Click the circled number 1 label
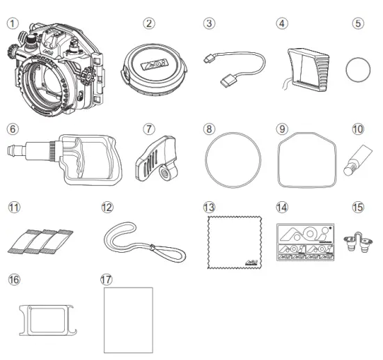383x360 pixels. pyautogui.click(x=11, y=23)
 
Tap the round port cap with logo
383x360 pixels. pyautogui.click(x=152, y=67)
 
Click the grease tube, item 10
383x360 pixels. pyautogui.click(x=354, y=162)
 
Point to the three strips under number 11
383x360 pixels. pyautogui.click(x=39, y=239)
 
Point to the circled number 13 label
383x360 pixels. pyautogui.click(x=209, y=208)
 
